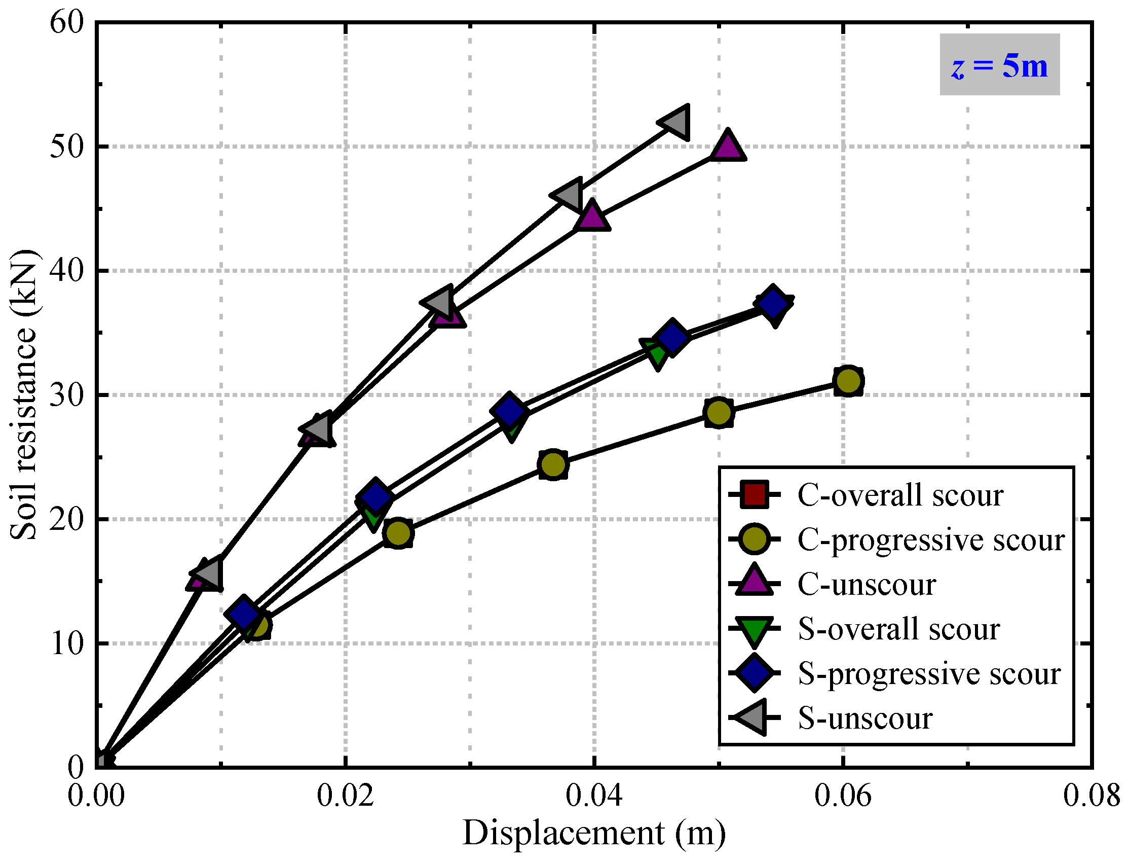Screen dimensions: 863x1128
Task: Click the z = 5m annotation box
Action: click(999, 65)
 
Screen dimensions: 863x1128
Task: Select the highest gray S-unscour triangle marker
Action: click(674, 123)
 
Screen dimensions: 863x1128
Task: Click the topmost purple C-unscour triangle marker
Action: click(727, 146)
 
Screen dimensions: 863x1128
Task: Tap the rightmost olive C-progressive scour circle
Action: click(848, 381)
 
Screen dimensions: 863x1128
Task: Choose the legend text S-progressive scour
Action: click(929, 674)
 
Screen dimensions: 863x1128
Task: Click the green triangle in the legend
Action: click(754, 630)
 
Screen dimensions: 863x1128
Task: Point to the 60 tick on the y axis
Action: click(67, 23)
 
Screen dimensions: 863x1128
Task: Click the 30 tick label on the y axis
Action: click(67, 395)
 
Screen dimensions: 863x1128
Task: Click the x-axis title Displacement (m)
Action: click(594, 833)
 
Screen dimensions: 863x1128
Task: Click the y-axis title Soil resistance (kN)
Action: click(23, 395)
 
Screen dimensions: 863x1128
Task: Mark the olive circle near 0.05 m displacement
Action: click(719, 412)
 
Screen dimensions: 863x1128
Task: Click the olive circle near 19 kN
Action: click(398, 533)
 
